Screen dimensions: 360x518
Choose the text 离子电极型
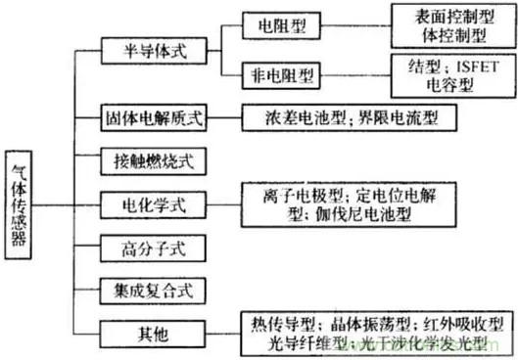[301, 195]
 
